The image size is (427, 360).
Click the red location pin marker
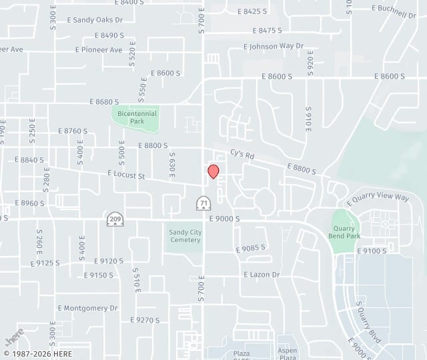[213, 171]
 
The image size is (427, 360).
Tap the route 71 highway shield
[203, 203]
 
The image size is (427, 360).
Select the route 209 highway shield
[115, 219]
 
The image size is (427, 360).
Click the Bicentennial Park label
[136, 117]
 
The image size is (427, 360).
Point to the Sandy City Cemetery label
[185, 236]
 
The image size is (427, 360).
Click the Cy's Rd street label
[243, 154]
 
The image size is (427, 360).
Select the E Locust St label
[126, 175]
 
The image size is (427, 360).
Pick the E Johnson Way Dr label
[274, 47]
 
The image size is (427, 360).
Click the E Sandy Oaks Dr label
[96, 20]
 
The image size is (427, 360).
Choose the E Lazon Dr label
[262, 274]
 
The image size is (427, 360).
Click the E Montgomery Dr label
[87, 308]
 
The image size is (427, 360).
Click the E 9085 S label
[250, 248]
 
